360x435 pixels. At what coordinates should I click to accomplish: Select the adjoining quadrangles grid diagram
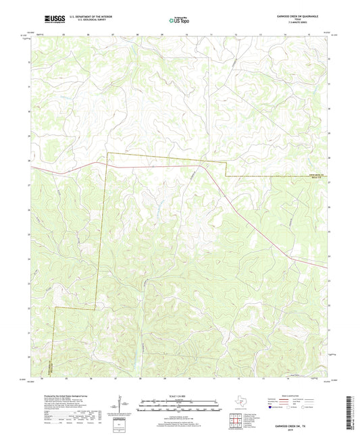click(236, 421)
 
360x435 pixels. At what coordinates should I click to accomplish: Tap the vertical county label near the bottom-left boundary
click(51, 367)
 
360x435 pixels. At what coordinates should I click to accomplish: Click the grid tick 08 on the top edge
click(138, 32)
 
